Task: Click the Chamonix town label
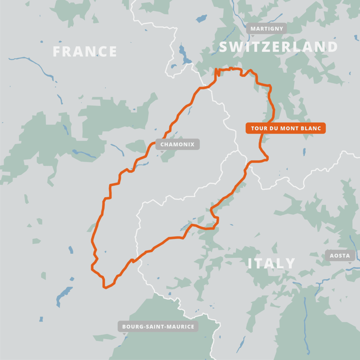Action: coord(177,144)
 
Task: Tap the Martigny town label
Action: coord(266,28)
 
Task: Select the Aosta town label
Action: coord(340,256)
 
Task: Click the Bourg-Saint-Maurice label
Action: coord(158,327)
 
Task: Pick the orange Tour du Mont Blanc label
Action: coord(285,128)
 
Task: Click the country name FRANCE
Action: coord(84,52)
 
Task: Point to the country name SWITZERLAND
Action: coord(278,47)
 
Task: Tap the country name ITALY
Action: coord(271,263)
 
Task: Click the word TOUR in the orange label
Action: coord(259,128)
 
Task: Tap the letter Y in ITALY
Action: coord(290,263)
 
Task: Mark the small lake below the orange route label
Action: coord(304,152)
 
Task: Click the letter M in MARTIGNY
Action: coord(253,28)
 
